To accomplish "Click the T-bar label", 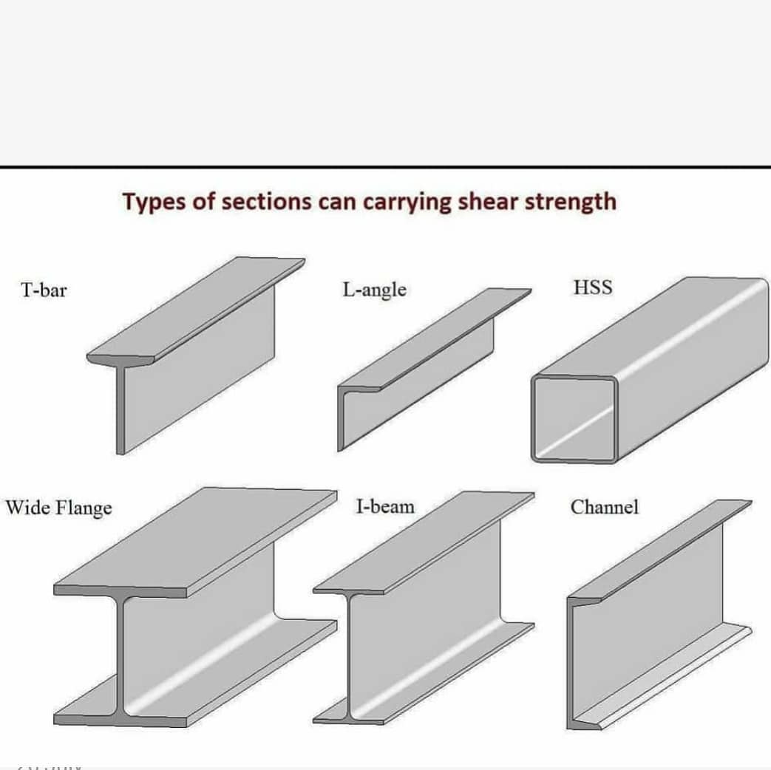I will point(44,290).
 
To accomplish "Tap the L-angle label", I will point(374,290).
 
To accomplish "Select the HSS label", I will point(593,287).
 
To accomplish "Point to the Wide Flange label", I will point(59,509).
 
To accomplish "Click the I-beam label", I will point(385,507).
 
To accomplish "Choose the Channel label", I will point(604,508).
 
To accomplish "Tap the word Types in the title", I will point(154,202).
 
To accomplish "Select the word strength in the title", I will point(570,201).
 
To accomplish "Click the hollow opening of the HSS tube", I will point(574,418).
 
